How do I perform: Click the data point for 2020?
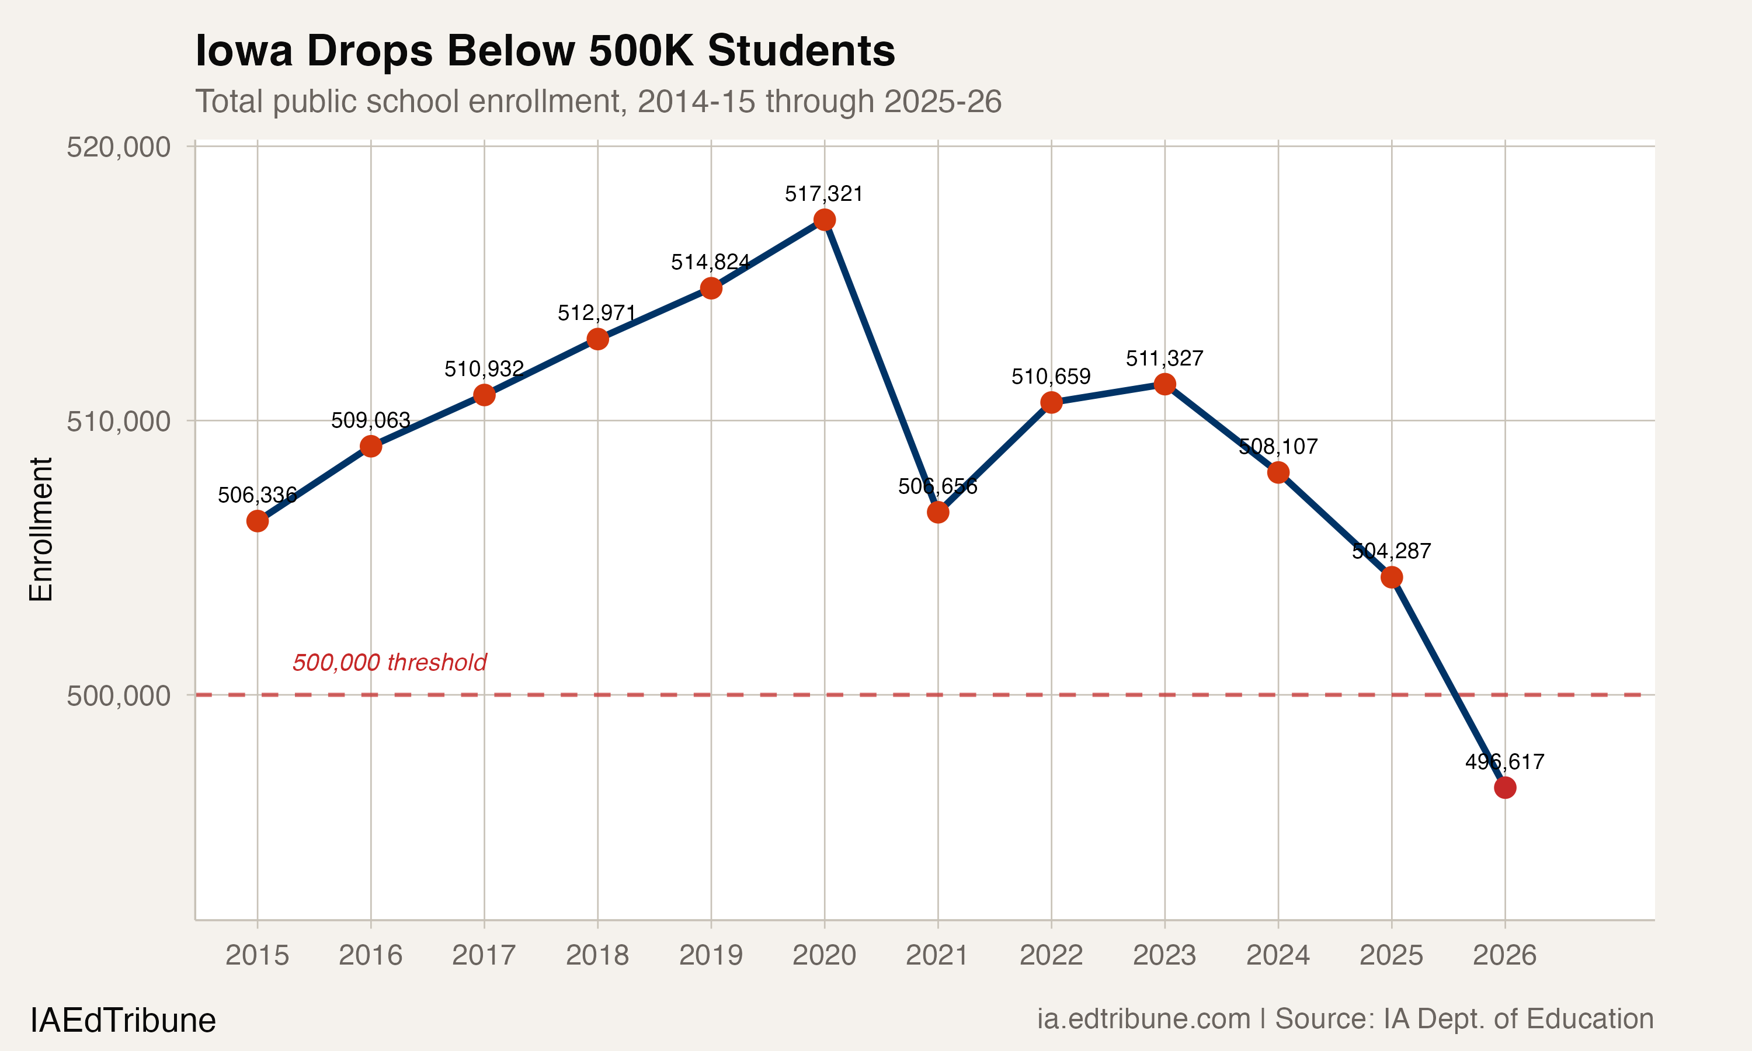[x=824, y=220]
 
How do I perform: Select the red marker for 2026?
[x=1505, y=788]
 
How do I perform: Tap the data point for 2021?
[x=937, y=512]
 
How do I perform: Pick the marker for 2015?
[x=257, y=521]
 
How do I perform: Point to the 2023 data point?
[x=1165, y=385]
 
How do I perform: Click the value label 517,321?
[x=823, y=194]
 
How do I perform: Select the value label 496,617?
[x=1504, y=762]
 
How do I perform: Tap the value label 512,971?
[x=597, y=313]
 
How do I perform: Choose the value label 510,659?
[x=1051, y=377]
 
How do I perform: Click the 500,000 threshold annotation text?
[x=390, y=663]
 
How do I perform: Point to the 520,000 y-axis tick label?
[x=119, y=147]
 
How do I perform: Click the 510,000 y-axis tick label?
[x=119, y=422]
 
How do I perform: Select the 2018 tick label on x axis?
[x=597, y=955]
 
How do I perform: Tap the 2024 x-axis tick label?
[x=1278, y=955]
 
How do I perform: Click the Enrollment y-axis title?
[x=41, y=530]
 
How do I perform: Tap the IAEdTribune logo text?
[x=123, y=1021]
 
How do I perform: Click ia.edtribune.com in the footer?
[x=1143, y=1019]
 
